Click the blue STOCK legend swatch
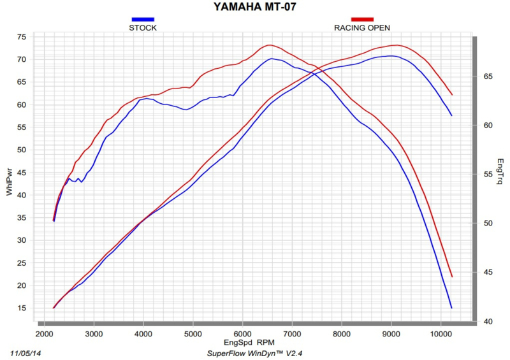tap(143, 20)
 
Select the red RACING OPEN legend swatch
tap(361, 20)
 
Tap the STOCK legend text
tap(143, 27)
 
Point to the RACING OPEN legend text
tap(362, 27)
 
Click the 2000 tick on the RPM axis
tap(44, 333)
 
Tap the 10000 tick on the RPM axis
tap(440, 333)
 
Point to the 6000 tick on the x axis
tap(242, 333)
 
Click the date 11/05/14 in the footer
tap(26, 352)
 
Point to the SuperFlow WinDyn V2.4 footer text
tap(254, 352)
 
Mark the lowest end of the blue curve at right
tap(451, 308)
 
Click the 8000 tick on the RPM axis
tap(341, 333)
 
